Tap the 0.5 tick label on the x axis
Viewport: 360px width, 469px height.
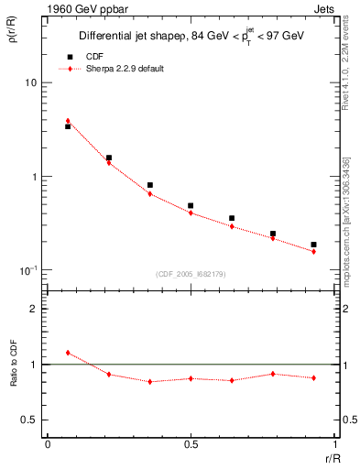[191, 443]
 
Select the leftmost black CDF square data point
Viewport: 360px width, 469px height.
[68, 126]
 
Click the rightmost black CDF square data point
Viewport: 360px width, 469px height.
[313, 245]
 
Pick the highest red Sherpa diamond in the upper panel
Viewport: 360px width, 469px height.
[68, 121]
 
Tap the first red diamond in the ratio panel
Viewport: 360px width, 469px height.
[68, 353]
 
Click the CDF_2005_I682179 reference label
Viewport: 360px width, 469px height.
[191, 273]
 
